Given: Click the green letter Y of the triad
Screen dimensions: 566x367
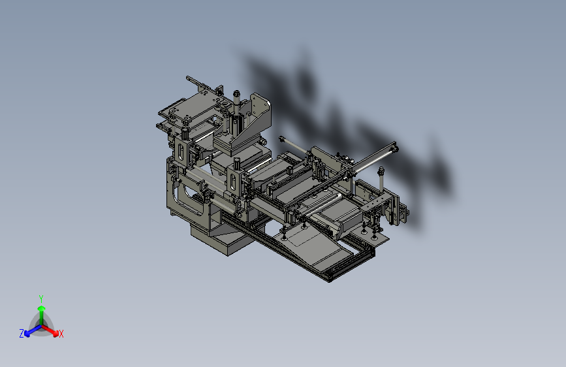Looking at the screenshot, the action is coord(41,298).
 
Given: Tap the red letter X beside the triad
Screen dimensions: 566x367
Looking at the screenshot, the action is coord(61,334).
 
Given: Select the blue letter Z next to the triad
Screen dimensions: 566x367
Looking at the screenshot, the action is coord(22,334).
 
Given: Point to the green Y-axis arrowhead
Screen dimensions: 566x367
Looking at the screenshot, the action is coord(42,308).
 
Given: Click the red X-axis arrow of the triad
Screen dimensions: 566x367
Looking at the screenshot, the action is coord(50,330).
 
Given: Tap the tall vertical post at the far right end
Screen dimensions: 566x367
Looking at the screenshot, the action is coord(381,181).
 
